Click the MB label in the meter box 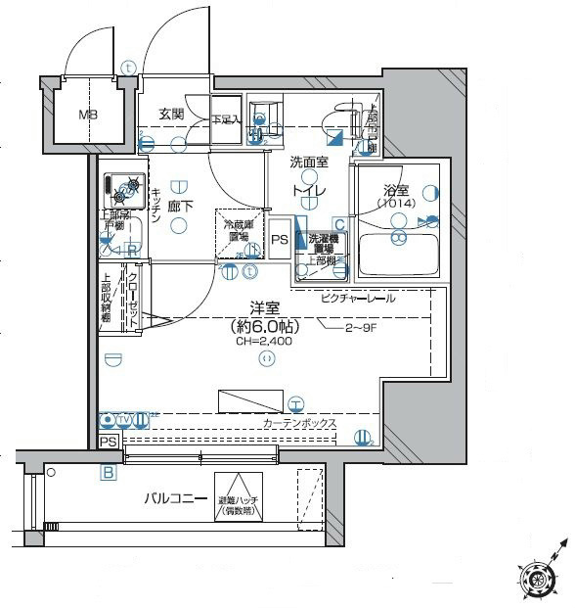87,114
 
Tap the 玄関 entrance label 171,114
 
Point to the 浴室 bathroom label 396,191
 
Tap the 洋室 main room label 266,306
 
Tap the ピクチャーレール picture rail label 357,298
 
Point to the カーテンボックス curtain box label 299,423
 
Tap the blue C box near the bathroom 339,224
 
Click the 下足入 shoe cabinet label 225,119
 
